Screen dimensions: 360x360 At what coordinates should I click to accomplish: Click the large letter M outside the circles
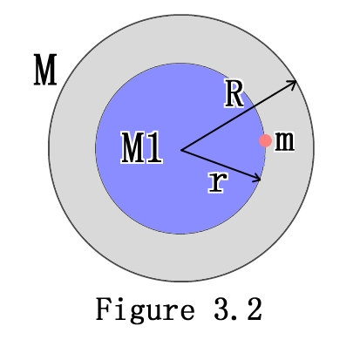[45, 70]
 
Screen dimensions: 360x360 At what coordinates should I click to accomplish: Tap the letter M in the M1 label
[132, 147]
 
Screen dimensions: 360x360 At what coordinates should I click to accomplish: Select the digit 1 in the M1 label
[153, 147]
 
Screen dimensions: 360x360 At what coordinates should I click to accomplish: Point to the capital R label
[234, 93]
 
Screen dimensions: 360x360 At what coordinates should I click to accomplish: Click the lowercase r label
[218, 182]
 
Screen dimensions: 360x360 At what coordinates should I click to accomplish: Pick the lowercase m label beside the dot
[284, 141]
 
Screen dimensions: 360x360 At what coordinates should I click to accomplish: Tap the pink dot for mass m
[265, 140]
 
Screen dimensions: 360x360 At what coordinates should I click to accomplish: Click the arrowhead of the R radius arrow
[293, 83]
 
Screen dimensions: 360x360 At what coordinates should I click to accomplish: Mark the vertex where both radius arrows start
[181, 150]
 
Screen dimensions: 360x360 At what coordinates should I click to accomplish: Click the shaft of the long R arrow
[239, 116]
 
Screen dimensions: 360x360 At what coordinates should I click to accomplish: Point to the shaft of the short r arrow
[221, 165]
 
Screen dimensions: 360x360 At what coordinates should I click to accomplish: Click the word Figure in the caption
[146, 310]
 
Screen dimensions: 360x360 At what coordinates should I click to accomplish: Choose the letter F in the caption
[104, 309]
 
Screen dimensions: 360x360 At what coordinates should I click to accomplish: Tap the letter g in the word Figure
[137, 313]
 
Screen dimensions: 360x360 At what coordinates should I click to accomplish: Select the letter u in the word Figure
[153, 311]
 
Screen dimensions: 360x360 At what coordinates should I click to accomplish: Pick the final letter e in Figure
[187, 311]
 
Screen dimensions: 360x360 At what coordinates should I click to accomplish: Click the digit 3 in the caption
[221, 309]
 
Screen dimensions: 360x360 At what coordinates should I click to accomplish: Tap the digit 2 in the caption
[255, 309]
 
